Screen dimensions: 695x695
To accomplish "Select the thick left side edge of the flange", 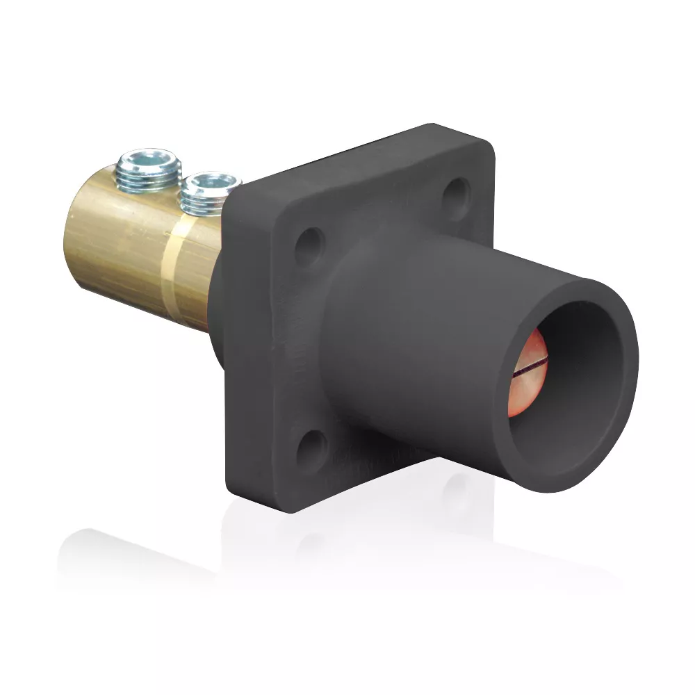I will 233,347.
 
